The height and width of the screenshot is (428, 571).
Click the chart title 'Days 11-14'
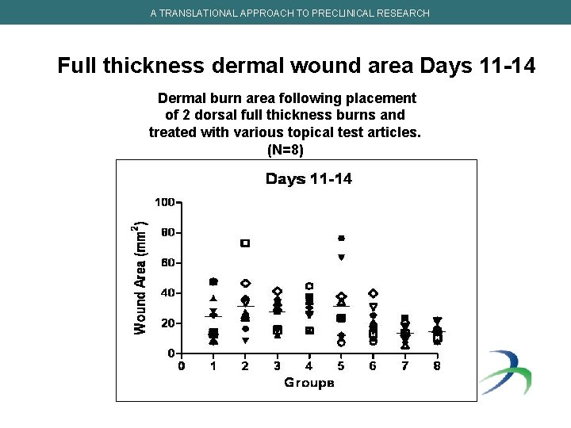point(308,179)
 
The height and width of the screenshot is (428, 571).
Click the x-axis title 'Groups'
point(309,383)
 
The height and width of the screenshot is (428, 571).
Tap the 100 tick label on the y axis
point(164,202)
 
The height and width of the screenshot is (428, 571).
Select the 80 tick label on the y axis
point(167,233)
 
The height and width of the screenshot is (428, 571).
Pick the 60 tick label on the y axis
point(167,262)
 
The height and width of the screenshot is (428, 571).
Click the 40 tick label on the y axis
point(167,292)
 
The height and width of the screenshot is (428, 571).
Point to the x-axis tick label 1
point(213,365)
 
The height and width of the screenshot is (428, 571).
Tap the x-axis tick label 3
point(277,365)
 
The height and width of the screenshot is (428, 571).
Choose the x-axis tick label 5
point(341,365)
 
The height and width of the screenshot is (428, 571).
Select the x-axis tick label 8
point(437,365)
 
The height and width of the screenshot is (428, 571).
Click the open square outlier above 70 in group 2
point(245,243)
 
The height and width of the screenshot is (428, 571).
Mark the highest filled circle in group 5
point(341,238)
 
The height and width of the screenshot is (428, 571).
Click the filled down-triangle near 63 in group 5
point(341,258)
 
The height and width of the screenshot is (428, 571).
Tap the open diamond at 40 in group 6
point(373,293)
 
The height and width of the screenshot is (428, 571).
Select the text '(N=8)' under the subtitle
point(285,150)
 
